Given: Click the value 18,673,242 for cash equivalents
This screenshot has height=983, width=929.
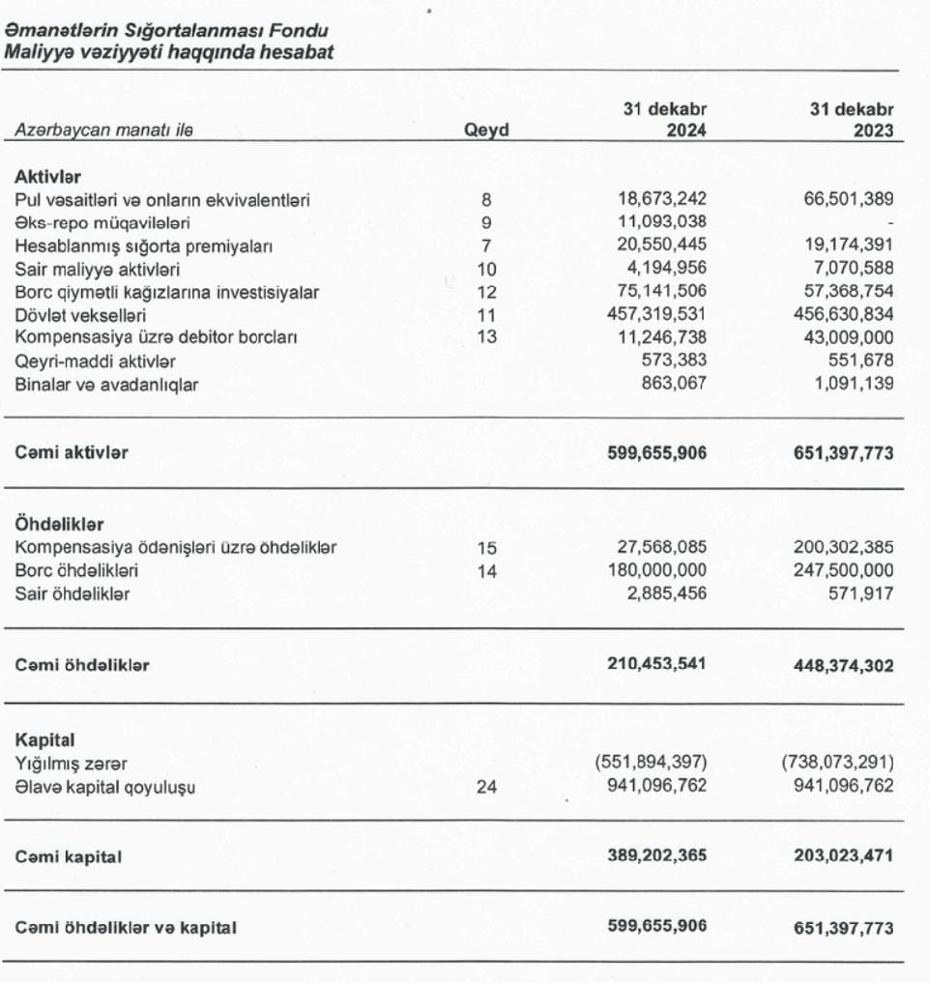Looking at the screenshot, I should click(662, 199).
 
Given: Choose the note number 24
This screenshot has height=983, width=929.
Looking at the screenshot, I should click(486, 787).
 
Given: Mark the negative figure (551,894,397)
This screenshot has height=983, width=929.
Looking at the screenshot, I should click(653, 764).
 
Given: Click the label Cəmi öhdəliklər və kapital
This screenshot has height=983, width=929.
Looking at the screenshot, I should click(126, 927).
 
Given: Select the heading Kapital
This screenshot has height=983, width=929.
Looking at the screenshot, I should click(44, 740).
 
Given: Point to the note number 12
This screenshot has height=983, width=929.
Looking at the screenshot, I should click(486, 292).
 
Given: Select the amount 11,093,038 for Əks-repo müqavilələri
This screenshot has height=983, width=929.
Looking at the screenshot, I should click(662, 222).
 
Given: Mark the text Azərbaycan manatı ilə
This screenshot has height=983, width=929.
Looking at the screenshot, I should click(97, 131).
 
